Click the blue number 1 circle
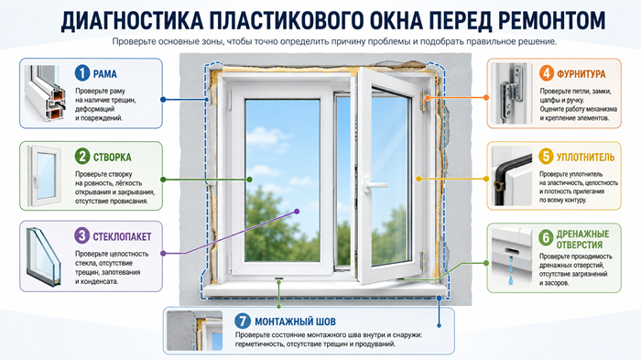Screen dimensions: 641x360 click(x=82, y=73)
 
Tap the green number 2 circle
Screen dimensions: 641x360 click(x=82, y=157)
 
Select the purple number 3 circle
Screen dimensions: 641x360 click(x=82, y=235)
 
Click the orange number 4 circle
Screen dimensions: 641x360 click(x=547, y=73)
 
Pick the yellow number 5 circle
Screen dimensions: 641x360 click(x=546, y=157)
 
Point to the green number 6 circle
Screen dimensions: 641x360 click(x=546, y=237)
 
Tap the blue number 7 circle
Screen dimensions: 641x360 click(x=243, y=321)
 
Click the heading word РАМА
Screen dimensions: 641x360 click(x=105, y=74)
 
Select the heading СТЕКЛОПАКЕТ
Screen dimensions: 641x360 click(x=122, y=236)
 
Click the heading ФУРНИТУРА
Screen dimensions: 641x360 click(x=581, y=74)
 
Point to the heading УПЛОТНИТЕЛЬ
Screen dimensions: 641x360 click(x=585, y=157)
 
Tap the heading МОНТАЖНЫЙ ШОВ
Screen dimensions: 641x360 click(x=295, y=322)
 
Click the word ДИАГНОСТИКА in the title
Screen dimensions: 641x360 click(x=132, y=20)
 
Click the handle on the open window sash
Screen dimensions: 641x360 click(x=374, y=185)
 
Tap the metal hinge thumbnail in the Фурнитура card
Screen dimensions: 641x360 click(x=512, y=93)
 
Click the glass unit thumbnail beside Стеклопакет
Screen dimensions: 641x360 click(x=44, y=256)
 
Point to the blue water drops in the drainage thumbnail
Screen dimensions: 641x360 click(x=511, y=269)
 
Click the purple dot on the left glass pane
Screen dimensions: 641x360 click(x=298, y=212)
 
